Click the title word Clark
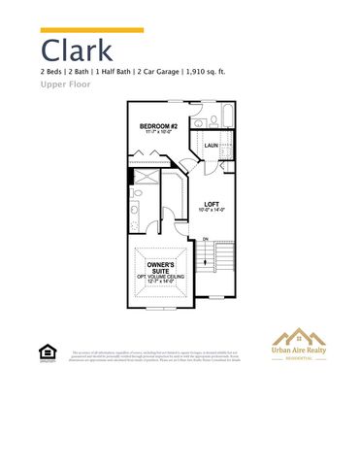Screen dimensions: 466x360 coord(77,50)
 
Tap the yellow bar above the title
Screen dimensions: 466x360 coord(91,30)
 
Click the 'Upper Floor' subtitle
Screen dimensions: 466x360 coord(66,84)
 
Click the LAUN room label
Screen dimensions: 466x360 coord(211,145)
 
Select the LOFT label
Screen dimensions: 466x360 coord(212,204)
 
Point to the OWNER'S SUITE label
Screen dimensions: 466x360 coord(160,268)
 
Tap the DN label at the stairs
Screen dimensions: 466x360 coord(206,239)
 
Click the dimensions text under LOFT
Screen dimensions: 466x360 coord(212,211)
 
